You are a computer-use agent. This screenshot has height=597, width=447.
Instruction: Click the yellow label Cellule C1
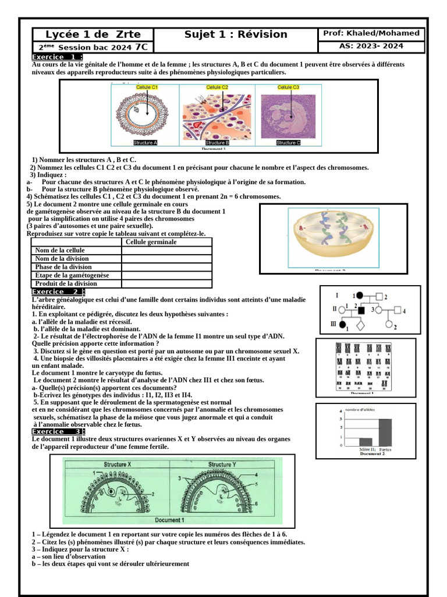(x=147, y=87)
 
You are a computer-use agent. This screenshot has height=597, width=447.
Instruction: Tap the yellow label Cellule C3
(x=288, y=87)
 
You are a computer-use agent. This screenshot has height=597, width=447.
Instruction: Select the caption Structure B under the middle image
(x=217, y=143)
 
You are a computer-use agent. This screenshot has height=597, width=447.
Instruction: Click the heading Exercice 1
(x=56, y=57)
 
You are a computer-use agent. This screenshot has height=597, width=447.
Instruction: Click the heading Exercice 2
(x=58, y=292)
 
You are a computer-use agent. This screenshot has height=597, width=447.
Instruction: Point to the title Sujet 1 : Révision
(x=236, y=34)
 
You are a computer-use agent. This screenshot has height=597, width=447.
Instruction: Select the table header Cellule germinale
(x=151, y=242)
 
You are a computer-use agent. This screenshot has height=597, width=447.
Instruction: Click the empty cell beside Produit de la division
(x=166, y=283)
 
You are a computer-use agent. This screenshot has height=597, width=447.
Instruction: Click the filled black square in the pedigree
(x=361, y=310)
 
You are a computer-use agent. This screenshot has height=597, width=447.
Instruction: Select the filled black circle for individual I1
(x=360, y=296)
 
